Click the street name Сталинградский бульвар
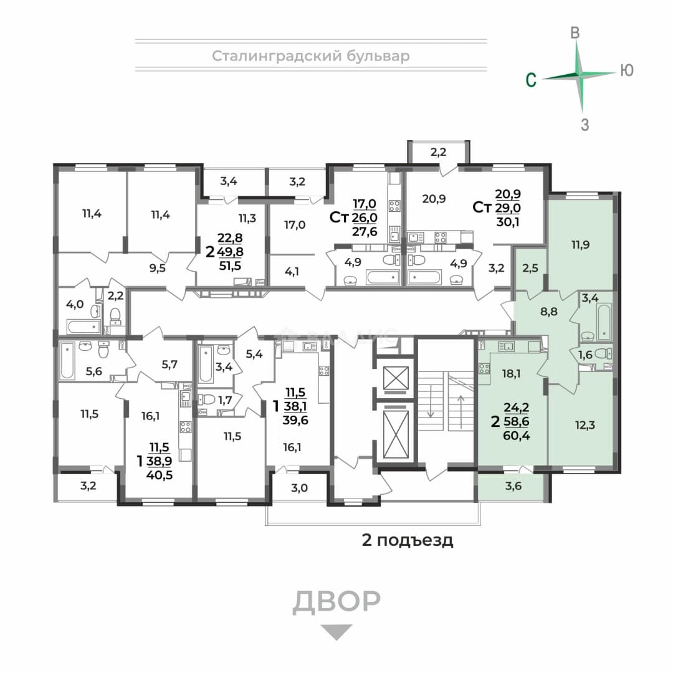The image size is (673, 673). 311,56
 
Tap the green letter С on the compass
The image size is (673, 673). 532,80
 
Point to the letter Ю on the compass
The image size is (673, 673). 627,70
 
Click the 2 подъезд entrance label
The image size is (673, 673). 408,540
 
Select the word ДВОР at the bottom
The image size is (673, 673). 336,601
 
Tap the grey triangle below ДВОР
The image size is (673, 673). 337,632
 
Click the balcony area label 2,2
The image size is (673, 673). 438,151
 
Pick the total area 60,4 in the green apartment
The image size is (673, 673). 517,436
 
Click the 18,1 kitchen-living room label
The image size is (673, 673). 511,373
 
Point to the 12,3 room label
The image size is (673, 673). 585,425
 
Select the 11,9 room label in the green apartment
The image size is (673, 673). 580,245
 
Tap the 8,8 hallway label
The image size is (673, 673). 549,312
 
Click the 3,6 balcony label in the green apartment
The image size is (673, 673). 513,486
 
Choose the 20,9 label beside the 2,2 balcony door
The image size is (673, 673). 434,199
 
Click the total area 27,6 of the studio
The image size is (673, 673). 365,232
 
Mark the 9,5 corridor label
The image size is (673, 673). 158,268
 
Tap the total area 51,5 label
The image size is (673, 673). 230,265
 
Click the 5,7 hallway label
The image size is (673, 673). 169,365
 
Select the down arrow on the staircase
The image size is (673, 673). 431,403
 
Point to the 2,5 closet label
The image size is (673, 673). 530,268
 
